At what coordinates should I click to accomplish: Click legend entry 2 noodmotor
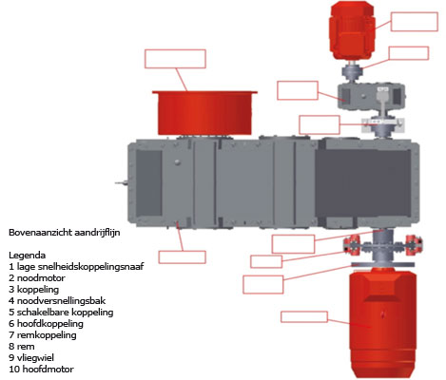coord(37,278)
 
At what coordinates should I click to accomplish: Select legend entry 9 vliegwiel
coord(31,358)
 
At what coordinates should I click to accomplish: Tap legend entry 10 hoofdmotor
coord(41,370)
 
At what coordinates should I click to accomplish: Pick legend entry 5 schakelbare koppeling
coord(61,313)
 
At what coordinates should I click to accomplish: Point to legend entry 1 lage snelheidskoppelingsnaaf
coord(76,267)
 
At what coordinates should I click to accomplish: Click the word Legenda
coord(27,256)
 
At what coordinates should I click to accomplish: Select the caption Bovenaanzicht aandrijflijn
coord(65,233)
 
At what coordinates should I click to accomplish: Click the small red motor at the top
coord(351,29)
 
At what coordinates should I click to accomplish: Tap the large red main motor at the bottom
coord(382,322)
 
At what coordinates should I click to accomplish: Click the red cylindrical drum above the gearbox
coord(204,112)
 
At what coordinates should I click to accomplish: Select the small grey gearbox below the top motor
coord(371,96)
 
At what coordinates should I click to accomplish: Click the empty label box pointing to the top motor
coord(415,22)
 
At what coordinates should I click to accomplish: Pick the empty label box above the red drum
coord(175,59)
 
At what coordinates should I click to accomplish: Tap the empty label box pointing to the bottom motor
coord(304,317)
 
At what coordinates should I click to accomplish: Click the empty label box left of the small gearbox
coord(298,90)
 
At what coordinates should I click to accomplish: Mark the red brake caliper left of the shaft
coord(351,245)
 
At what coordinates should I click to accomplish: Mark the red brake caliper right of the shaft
coord(415,245)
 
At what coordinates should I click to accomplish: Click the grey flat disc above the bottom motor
coord(382,264)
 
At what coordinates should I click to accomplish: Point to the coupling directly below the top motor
coord(352,71)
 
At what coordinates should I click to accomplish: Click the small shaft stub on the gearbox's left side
coord(122,182)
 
